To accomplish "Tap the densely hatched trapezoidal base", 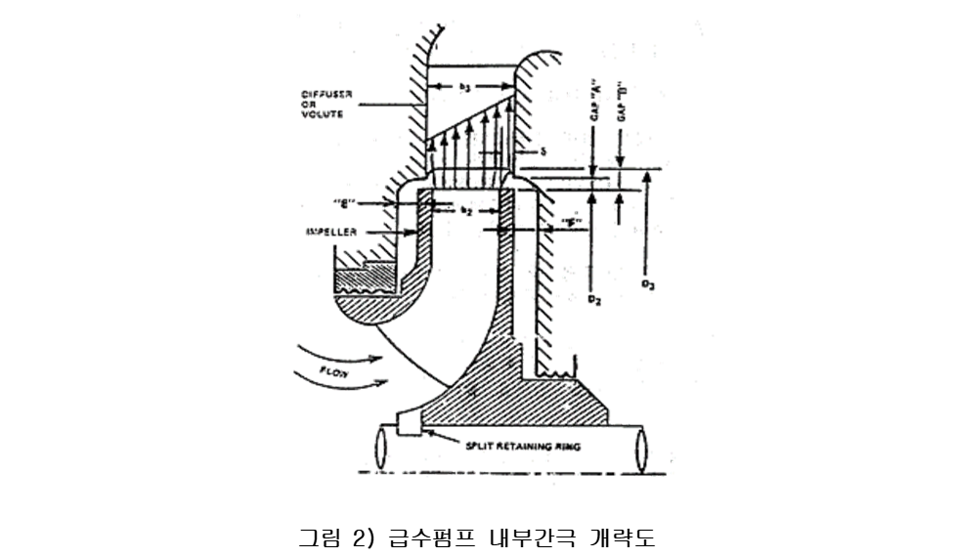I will point(518,401).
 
